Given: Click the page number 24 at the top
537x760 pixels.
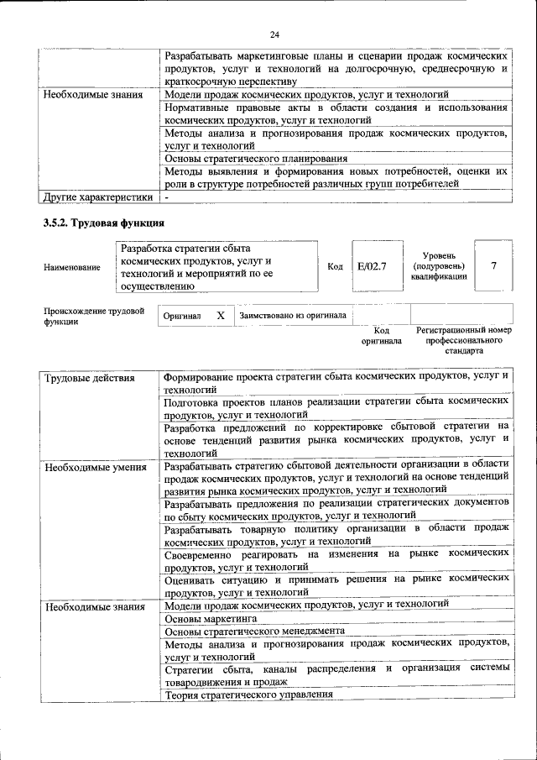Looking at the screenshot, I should [274, 34].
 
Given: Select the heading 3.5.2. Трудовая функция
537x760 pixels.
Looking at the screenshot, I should [103, 223].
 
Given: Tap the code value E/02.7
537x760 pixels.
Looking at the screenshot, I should [371, 266].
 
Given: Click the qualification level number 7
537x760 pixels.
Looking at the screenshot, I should [493, 266].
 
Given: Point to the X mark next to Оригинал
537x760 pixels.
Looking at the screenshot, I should [221, 316].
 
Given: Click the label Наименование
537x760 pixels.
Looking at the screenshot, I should [71, 267].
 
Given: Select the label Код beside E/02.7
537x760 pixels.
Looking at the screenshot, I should [335, 267].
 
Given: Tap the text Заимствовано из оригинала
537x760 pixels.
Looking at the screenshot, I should [293, 316].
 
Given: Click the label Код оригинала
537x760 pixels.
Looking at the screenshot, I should [382, 337].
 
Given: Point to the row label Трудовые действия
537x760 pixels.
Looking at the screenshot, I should [89, 378].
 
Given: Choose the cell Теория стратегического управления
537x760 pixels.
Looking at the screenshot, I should [248, 694].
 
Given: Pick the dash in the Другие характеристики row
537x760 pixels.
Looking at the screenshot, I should [167, 197].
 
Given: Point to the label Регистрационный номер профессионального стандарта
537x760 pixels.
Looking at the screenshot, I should [463, 341].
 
